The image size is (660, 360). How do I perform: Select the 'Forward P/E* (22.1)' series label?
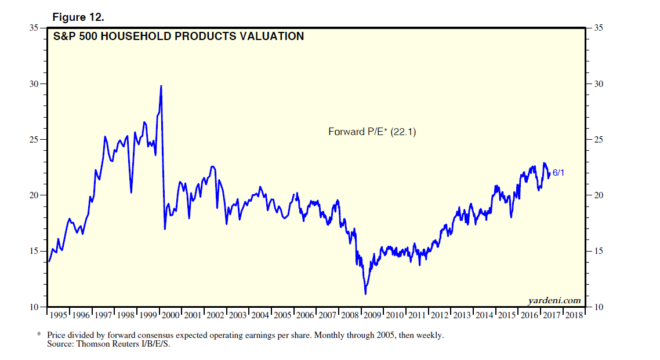[x=372, y=132]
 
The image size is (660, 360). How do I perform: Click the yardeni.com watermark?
[x=554, y=300]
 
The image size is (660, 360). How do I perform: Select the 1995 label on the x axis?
[x=59, y=315]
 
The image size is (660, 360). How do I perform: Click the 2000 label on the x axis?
[x=171, y=315]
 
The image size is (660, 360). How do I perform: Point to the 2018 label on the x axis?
[x=574, y=315]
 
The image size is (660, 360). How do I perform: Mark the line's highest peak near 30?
[x=161, y=86]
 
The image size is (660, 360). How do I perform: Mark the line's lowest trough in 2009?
[x=365, y=294]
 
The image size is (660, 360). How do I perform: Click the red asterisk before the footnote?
[x=39, y=336]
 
